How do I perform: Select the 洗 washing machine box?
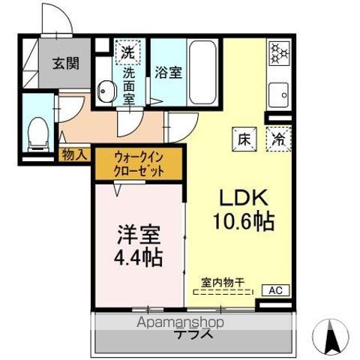click(128, 53)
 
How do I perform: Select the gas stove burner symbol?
click(278, 52)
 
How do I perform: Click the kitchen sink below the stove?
click(278, 97)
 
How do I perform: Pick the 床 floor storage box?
click(244, 138)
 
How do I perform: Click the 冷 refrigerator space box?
click(277, 138)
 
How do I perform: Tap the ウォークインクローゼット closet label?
click(138, 163)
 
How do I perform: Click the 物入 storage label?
click(76, 154)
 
